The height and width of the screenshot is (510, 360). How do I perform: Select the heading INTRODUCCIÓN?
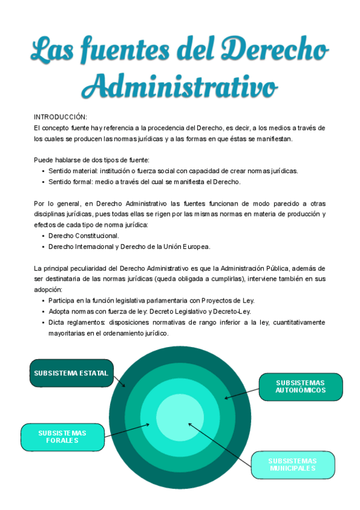pos(61,117)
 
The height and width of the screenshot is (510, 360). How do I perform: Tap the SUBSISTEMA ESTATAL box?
pos(71,373)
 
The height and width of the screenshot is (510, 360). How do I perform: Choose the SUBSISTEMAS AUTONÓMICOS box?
pos(301,386)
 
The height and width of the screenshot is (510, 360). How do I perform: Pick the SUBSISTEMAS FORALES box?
pos(62,437)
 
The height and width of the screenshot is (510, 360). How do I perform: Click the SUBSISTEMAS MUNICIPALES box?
pos(292,464)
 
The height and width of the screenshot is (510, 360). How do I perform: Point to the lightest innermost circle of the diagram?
pos(180,417)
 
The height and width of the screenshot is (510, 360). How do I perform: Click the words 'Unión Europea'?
pos(190,247)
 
